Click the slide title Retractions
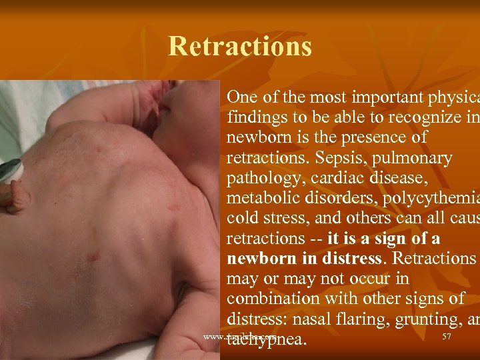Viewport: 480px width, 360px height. [x=240, y=47]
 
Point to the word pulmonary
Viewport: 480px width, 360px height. [x=411, y=159]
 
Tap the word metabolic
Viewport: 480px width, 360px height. [x=261, y=199]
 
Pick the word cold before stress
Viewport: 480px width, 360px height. [x=243, y=219]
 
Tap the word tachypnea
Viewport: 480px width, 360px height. [x=267, y=339]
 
